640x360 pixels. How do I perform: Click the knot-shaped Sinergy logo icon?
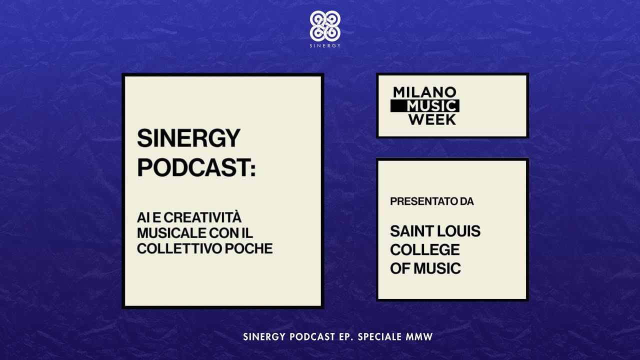325,26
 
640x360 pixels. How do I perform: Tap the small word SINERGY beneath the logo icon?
325,45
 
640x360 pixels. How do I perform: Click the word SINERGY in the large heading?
188,138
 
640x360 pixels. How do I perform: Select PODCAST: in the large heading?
196,168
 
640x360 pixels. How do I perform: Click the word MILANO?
424,92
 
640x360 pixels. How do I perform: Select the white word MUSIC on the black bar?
432,106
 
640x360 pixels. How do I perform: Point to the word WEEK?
432,119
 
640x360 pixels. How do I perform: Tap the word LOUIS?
458,231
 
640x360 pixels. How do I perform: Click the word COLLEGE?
424,249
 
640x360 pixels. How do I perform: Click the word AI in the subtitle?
142,218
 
